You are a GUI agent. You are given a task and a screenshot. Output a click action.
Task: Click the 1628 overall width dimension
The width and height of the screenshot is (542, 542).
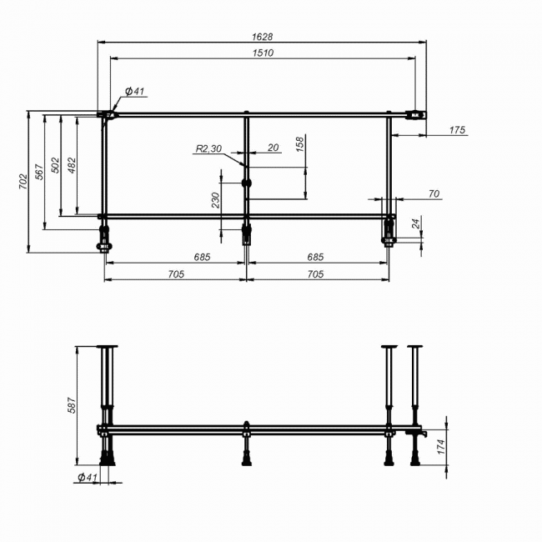point(263,37)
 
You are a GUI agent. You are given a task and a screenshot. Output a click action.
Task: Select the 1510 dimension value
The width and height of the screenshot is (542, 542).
point(263,53)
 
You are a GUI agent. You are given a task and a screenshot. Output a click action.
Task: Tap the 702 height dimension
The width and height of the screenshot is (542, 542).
point(23,182)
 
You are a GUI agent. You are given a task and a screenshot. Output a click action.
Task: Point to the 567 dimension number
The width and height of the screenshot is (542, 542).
point(40,172)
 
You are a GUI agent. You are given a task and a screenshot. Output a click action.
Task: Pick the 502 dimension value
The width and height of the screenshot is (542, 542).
point(55,165)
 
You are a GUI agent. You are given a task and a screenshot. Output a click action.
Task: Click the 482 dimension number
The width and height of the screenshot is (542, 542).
point(72,165)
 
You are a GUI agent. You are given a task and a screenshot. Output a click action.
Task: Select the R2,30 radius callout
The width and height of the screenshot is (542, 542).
point(208,148)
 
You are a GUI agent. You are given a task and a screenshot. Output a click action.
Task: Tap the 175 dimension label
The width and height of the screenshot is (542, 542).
point(457,130)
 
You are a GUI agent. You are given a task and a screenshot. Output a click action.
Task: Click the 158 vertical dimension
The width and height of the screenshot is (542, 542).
point(300,144)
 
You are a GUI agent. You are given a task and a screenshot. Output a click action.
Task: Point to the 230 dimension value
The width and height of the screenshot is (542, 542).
point(215,200)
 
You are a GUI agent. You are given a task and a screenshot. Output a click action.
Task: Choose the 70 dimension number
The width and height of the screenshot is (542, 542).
point(434,194)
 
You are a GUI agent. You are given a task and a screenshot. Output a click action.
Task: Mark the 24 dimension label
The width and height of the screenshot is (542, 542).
point(416,223)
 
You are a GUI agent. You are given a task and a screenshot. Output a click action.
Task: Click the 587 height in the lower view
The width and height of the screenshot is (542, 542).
point(71,405)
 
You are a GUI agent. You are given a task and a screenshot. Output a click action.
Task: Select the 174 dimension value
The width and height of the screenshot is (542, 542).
point(441,447)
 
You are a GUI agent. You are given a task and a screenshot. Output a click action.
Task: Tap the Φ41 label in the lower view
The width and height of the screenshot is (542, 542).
point(88,477)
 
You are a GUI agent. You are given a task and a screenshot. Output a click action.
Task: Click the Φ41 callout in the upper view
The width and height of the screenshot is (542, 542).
point(134,91)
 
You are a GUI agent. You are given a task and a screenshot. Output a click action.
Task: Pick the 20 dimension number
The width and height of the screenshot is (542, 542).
point(273,148)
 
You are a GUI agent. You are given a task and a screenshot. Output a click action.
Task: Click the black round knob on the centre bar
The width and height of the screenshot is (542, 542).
point(247,183)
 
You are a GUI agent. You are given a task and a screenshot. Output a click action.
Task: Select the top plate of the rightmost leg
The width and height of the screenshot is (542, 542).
point(414,346)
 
